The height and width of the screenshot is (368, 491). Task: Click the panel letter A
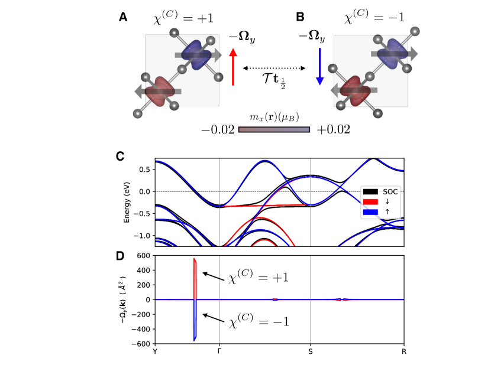click(x=124, y=17)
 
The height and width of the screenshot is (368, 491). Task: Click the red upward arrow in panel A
click(x=233, y=67)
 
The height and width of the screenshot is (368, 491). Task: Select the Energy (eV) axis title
click(x=127, y=202)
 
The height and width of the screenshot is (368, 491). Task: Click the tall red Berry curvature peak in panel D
click(x=195, y=278)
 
